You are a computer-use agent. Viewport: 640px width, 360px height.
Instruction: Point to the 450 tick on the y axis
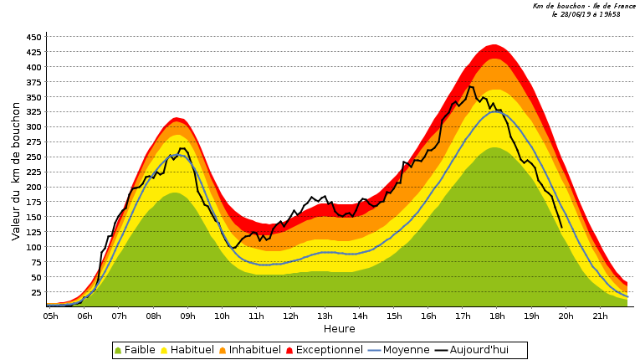point(33,38)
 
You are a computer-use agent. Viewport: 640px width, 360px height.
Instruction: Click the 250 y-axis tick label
point(33,157)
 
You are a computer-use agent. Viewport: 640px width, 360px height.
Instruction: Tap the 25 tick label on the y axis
point(36,292)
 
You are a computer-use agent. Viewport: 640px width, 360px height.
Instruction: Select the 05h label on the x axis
point(50,316)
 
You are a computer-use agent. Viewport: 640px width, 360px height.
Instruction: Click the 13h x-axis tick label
point(325,316)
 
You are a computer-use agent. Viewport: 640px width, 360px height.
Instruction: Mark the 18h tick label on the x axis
point(497,316)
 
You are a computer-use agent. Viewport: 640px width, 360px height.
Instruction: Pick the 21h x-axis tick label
point(600,316)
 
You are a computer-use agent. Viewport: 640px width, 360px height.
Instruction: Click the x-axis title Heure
point(339,329)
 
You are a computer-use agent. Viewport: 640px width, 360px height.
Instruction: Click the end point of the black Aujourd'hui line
point(561,227)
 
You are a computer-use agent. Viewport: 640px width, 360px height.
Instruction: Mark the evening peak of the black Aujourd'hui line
point(470,86)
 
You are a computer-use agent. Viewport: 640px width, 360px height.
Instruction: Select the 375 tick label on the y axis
point(33,82)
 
